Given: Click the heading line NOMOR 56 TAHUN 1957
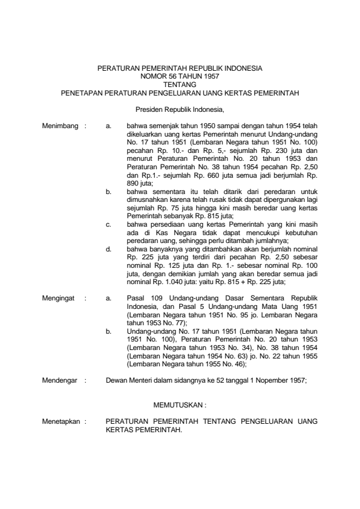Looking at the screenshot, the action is coord(180,77).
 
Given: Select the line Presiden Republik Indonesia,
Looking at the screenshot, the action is coord(180,110).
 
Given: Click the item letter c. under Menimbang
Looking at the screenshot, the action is coord(108,224).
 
